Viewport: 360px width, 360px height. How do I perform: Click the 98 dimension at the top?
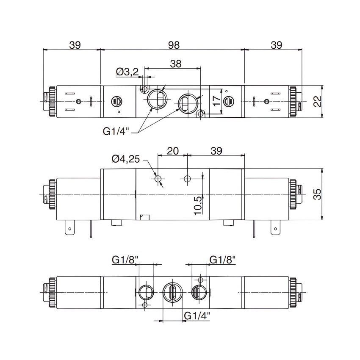[173, 45]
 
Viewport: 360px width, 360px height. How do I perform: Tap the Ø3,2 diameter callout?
[127, 72]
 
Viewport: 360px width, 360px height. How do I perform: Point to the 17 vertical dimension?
[216, 100]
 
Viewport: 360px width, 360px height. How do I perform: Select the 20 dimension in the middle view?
[172, 151]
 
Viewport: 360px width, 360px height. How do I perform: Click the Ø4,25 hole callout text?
[125, 159]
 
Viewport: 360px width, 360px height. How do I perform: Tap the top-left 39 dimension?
[75, 45]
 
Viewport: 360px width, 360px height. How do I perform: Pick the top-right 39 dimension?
[276, 45]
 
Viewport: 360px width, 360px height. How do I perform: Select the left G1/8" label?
[125, 260]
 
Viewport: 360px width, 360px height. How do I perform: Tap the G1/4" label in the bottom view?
[197, 315]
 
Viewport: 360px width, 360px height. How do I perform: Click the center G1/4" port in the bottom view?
[173, 292]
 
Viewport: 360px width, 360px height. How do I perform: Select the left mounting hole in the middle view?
[158, 179]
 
